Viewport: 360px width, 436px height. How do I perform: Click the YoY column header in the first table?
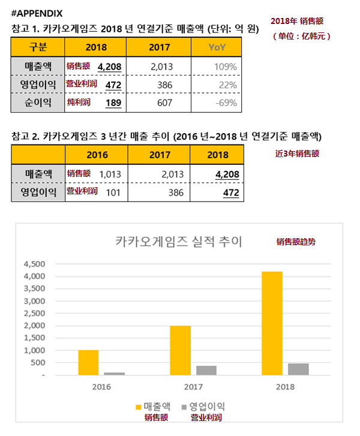[x=217, y=47]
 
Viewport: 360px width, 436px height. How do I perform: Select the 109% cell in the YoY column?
[x=226, y=67]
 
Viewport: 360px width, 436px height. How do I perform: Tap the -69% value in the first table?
[x=226, y=103]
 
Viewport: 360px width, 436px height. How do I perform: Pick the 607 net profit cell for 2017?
[x=164, y=103]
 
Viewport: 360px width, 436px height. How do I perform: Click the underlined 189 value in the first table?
[x=113, y=103]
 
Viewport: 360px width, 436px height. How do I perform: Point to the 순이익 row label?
[x=38, y=103]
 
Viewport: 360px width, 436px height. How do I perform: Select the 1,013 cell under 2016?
[x=110, y=175]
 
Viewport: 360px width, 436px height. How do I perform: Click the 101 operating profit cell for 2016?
[x=113, y=193]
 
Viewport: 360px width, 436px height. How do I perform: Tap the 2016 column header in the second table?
[x=97, y=155]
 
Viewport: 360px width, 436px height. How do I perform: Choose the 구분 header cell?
[x=38, y=47]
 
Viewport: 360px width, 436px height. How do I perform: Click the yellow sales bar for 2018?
[x=272, y=323]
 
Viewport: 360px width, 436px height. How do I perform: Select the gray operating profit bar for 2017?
[x=206, y=371]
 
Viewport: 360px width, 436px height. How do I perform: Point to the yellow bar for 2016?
[x=88, y=363]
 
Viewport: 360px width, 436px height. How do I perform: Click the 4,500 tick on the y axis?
[x=34, y=264]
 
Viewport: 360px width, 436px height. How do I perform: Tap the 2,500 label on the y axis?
[x=34, y=314]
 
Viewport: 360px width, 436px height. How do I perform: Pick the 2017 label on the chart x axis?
[x=193, y=387]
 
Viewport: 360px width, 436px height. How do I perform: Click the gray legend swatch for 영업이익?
[x=184, y=407]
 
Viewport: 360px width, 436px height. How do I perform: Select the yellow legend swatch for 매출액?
[x=138, y=407]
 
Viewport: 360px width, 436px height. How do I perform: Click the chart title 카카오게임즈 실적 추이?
[x=179, y=241]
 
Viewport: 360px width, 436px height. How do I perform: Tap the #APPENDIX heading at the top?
[x=37, y=13]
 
